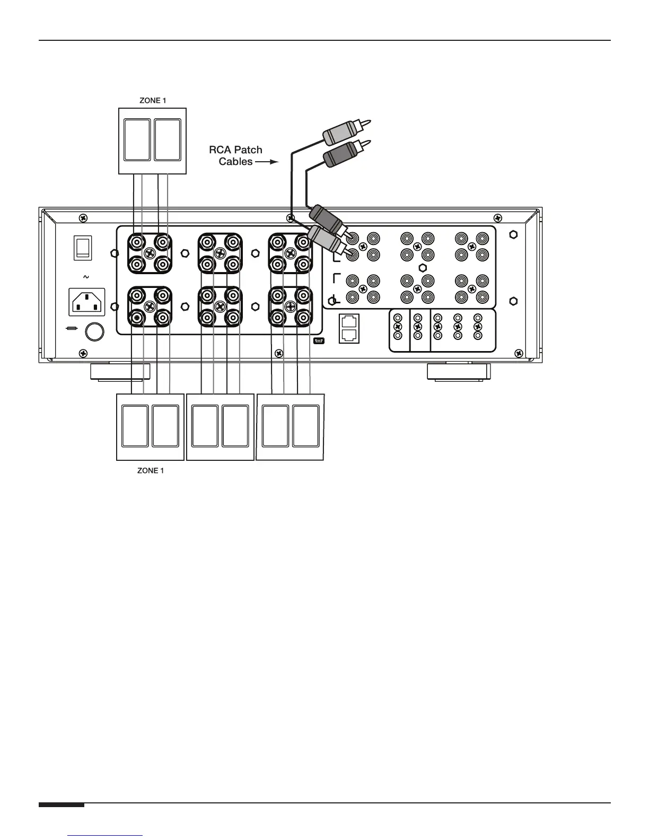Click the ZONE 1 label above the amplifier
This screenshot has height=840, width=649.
tap(153, 101)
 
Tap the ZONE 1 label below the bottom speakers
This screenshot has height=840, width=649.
tap(151, 470)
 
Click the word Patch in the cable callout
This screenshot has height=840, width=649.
tap(249, 150)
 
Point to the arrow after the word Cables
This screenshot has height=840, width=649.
tap(267, 162)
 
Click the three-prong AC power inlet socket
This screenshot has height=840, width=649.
tap(87, 302)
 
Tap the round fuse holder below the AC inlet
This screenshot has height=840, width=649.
tap(95, 332)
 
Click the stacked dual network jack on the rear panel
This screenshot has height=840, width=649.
tap(349, 328)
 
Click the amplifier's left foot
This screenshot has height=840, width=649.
tap(120, 371)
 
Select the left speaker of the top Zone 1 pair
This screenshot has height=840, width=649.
tap(137, 140)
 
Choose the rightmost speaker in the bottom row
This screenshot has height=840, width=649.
tap(306, 426)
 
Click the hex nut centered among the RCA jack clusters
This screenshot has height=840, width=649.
tap(423, 267)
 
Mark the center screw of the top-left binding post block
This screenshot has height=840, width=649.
tap(150, 253)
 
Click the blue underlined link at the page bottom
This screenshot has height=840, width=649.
tap(106, 836)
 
